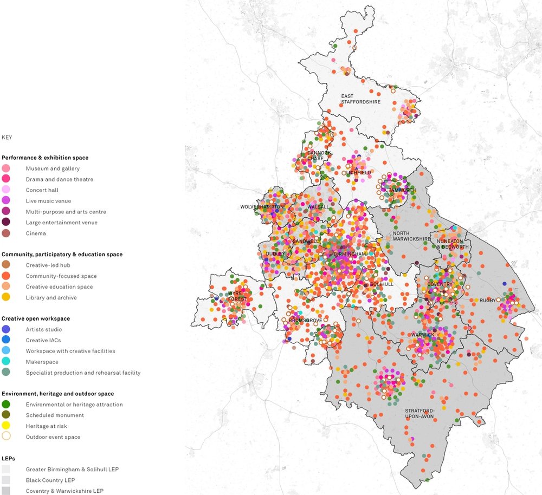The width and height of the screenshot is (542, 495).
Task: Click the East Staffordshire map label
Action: point(360,99)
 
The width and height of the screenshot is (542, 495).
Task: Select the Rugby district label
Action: point(487,300)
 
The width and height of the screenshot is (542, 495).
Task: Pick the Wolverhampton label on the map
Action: point(262,207)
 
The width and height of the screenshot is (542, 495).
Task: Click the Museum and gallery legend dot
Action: point(6,168)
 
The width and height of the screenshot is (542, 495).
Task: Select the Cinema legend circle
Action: point(6,233)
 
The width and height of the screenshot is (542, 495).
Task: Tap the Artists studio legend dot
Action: point(6,329)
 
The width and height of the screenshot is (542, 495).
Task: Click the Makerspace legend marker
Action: point(6,362)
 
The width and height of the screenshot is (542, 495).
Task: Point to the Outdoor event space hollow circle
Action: point(6,437)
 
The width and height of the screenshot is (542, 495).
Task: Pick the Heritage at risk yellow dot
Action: point(6,426)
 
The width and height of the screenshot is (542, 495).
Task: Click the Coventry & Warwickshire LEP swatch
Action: point(6,491)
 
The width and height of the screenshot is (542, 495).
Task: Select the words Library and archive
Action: point(51,298)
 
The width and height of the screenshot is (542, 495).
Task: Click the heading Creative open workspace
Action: point(35,318)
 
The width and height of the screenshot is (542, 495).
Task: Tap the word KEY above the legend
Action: point(7,138)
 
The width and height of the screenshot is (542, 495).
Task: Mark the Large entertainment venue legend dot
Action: point(6,223)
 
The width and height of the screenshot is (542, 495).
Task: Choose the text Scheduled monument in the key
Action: point(55,415)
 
